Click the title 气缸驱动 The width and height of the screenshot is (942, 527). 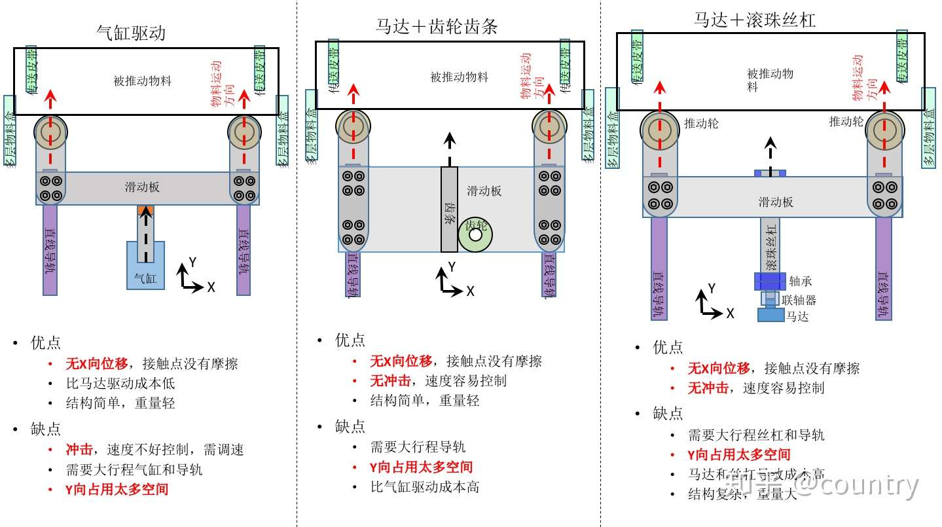click(x=131, y=33)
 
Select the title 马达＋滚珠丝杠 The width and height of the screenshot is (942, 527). click(x=755, y=20)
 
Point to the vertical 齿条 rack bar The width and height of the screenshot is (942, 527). click(x=449, y=209)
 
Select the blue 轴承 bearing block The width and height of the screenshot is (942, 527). click(x=769, y=281)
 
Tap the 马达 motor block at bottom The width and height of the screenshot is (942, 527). click(x=770, y=315)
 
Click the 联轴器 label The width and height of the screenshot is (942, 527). click(x=799, y=300)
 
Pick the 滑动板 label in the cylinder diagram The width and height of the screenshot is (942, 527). click(x=142, y=187)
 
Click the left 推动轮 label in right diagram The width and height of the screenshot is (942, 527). click(x=701, y=123)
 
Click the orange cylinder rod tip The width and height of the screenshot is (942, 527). click(x=145, y=209)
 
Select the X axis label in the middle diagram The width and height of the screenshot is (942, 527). click(x=470, y=291)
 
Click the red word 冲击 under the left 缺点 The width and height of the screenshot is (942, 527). click(x=79, y=450)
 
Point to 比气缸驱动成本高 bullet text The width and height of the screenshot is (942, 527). click(x=424, y=487)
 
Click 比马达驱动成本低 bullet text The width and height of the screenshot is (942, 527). click(x=120, y=384)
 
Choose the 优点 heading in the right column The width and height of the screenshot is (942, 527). click(x=668, y=348)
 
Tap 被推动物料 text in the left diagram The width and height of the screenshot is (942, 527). click(x=142, y=81)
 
